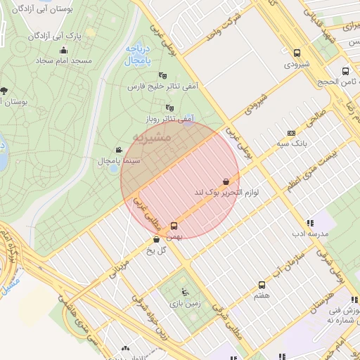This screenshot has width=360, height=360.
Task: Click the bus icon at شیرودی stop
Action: (297, 53)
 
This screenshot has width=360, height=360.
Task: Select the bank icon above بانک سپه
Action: (291, 133)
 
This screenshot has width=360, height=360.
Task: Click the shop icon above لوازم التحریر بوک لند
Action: (224, 181)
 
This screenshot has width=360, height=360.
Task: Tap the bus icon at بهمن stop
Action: (174, 226)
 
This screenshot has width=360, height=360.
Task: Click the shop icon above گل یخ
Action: (156, 239)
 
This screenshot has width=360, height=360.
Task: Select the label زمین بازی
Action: (185, 304)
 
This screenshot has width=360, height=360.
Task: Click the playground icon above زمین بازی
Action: (185, 292)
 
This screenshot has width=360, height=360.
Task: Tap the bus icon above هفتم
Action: (262, 285)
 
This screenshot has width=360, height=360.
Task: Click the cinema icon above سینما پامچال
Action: (120, 150)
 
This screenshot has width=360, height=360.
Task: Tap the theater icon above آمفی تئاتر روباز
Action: (169, 108)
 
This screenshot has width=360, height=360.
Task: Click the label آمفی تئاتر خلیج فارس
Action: (162, 86)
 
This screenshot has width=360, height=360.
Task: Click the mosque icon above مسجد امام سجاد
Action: (64, 50)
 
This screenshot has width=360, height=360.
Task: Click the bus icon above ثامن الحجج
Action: (345, 71)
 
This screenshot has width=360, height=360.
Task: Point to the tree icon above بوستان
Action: (4, 90)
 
